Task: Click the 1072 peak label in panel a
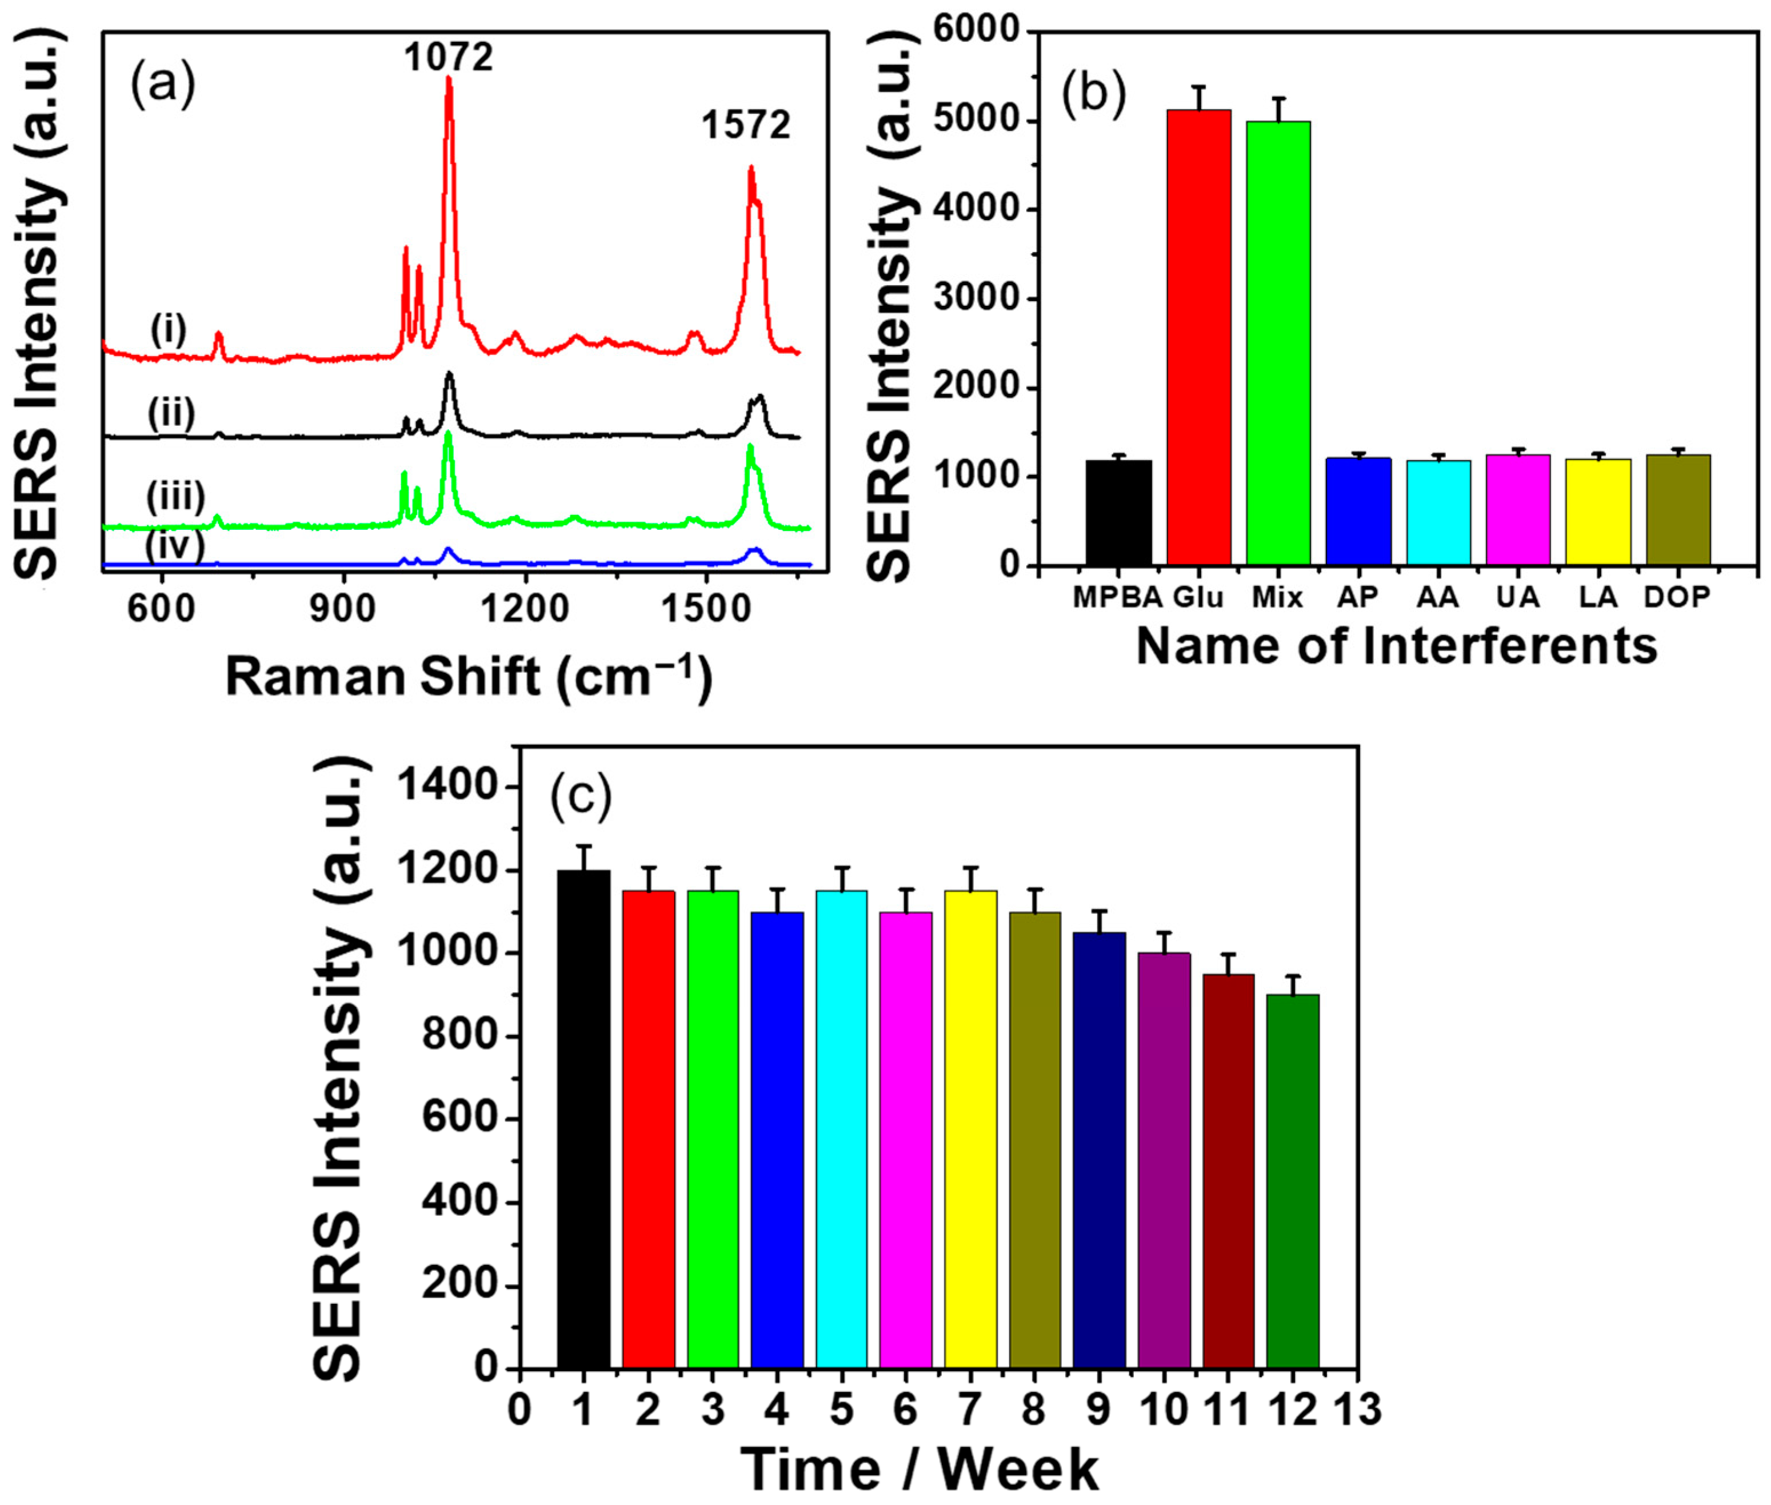coord(448,57)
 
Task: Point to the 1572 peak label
coord(746,125)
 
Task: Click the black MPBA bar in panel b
coord(1118,513)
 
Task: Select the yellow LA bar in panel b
coord(1598,512)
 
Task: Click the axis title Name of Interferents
coord(1397,646)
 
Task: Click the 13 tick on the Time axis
coord(1357,1410)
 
